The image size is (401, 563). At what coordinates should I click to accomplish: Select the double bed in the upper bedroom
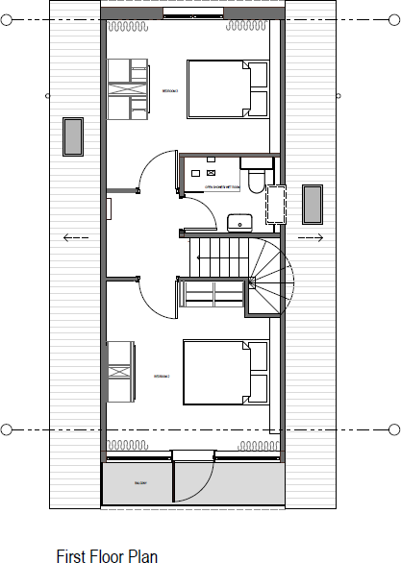click(226, 88)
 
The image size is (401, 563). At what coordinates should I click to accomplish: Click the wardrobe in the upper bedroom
click(128, 88)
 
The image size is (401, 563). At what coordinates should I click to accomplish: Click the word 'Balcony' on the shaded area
click(138, 483)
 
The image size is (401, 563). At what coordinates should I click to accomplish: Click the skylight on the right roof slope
click(313, 204)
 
